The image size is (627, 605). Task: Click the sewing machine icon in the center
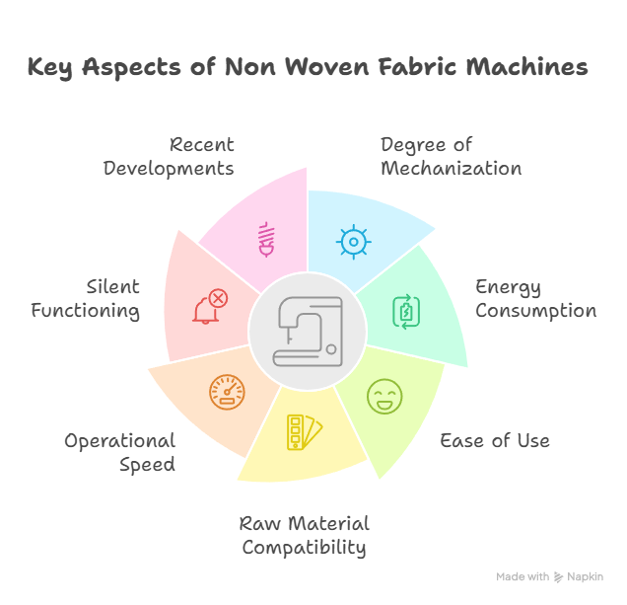(308, 332)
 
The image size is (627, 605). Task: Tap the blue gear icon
(354, 242)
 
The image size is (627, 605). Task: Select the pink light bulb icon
(267, 239)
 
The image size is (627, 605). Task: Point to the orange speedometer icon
(227, 393)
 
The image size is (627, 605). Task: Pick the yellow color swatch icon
(305, 432)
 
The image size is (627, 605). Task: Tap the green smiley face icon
(384, 397)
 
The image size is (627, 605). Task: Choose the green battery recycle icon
(406, 312)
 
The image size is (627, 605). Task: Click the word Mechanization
(452, 168)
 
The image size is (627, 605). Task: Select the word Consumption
(536, 311)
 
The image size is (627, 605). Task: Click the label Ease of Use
(495, 441)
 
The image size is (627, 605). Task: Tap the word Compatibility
(305, 548)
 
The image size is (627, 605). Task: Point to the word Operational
(120, 441)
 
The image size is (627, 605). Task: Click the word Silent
(113, 286)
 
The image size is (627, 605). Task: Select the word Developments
(169, 169)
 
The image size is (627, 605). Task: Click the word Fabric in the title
(417, 66)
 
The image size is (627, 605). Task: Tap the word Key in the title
(50, 68)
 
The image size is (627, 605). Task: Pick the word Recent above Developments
(202, 144)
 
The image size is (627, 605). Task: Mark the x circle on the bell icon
(218, 299)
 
